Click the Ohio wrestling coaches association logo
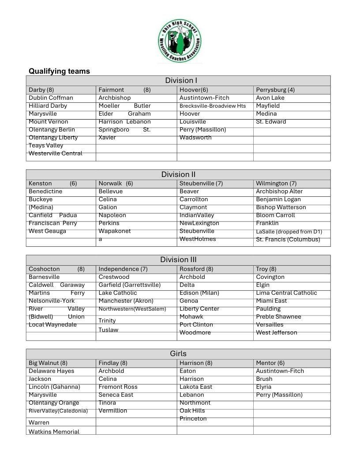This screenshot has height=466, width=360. point(180,42)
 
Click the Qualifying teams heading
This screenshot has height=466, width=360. point(59,71)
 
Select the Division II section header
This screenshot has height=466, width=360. point(178,174)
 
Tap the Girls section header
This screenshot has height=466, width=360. point(178,353)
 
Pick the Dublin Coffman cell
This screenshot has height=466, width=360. point(51,98)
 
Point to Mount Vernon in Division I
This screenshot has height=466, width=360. point(49,122)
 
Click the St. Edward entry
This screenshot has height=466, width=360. point(271,122)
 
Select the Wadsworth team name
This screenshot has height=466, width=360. point(195,138)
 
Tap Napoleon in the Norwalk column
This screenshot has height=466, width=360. point(112,215)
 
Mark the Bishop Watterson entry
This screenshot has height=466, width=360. point(281,207)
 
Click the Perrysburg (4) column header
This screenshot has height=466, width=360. point(275,90)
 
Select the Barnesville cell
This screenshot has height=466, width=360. point(44,277)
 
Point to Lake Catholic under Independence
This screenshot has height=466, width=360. point(118,293)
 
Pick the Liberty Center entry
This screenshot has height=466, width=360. point(199,309)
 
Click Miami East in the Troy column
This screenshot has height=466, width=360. point(271,301)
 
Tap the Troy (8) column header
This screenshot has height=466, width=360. point(266,269)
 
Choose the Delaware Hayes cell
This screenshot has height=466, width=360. point(52,371)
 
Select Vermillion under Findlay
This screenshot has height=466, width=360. point(112,411)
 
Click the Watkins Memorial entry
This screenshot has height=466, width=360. point(54,432)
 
